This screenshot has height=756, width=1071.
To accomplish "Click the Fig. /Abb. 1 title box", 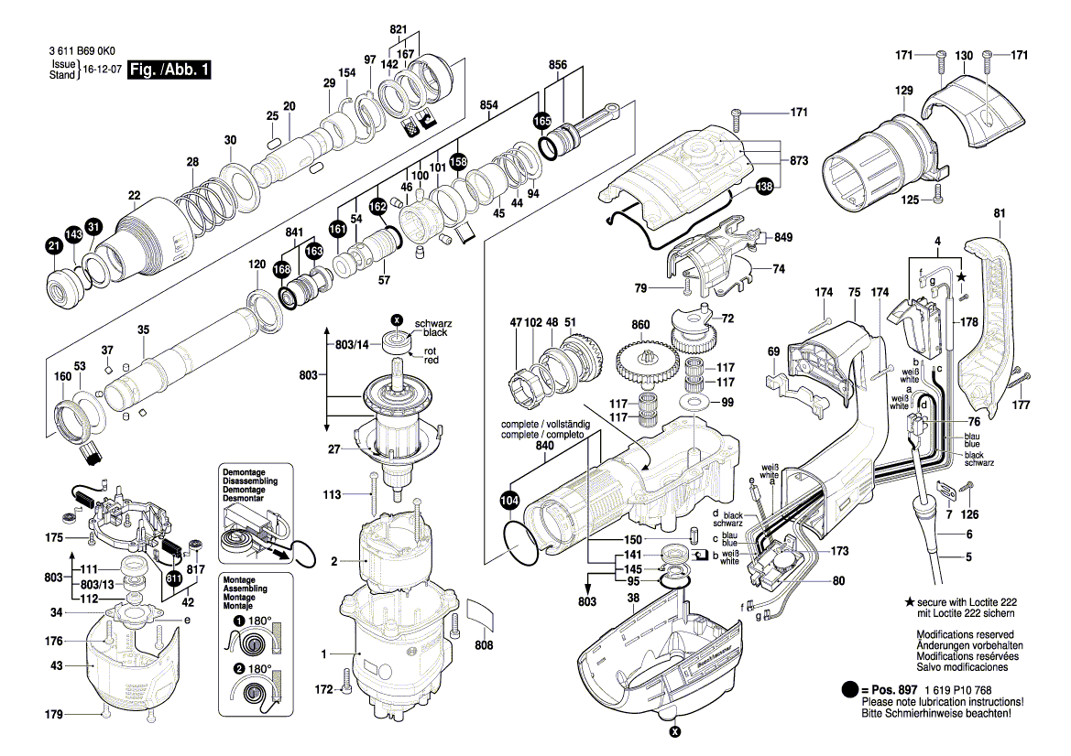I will coord(169,70).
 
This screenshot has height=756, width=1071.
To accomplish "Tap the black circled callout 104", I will coord(509,501).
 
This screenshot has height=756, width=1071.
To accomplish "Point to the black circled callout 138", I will coord(764,187).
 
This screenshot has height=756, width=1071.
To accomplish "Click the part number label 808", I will coord(484,646).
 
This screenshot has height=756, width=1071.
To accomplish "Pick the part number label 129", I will coord(904,91).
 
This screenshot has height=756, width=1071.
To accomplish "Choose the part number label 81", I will coord(999,214).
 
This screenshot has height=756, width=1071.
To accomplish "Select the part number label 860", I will coord(640,325).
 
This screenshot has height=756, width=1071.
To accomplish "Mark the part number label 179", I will coord(56,714).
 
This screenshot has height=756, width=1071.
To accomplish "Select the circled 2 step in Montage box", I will coord(239,668).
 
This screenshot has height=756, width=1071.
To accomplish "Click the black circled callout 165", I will coord(541,121).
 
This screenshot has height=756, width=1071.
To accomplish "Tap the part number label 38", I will coord(632,598).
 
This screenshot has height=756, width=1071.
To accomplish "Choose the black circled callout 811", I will coord(173,578).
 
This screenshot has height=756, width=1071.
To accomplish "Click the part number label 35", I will coord(143,329).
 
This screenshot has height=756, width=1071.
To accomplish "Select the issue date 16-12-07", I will coord(103,70).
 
